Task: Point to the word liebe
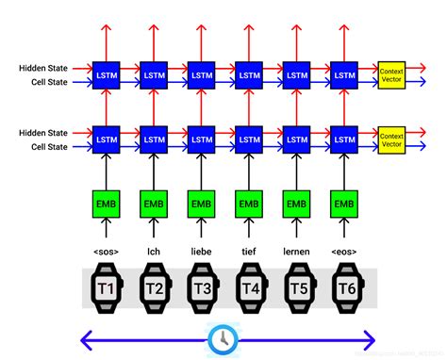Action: pos(201,252)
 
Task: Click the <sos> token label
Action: pos(106,252)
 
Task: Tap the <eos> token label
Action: pos(344,252)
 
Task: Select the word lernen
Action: pos(296,252)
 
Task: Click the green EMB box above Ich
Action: pos(154,203)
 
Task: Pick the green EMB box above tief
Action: pos(249,203)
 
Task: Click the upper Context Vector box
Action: pos(390,73)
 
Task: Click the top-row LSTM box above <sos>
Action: pos(106,73)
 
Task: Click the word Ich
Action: pos(154,252)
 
